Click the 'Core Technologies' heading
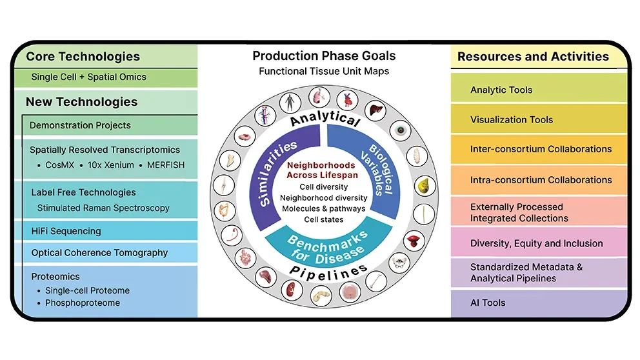[83, 57]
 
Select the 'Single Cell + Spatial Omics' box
[89, 77]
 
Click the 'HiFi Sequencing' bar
[66, 231]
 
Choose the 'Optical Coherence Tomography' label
[99, 253]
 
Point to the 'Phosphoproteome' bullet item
[83, 303]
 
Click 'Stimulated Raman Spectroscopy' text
[103, 208]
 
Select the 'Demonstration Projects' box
[80, 125]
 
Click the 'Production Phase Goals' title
[324, 56]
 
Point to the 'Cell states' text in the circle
[325, 219]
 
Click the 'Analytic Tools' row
[501, 90]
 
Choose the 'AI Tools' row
[488, 303]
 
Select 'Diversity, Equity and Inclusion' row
[536, 244]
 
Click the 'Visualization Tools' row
[512, 119]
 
